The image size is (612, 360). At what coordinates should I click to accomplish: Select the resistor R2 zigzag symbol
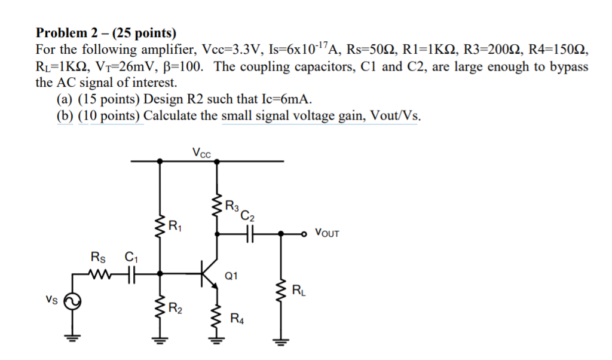point(160,309)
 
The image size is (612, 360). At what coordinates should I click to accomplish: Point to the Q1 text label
point(231,276)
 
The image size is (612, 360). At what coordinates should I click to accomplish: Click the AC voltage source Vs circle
point(72,303)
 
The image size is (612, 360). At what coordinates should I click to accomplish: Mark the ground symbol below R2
point(160,343)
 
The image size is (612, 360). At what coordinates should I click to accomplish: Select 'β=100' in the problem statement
point(186,66)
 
